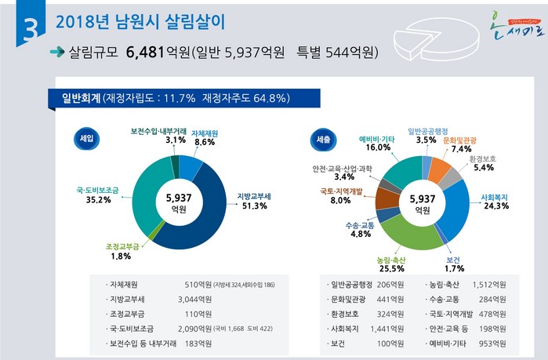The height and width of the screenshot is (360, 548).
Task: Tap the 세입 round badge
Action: pos(85,138)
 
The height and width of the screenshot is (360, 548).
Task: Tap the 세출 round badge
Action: pos(322,138)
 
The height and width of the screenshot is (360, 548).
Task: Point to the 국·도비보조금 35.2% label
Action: pos(93,195)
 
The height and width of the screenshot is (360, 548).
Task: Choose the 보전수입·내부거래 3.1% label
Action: pos(159,136)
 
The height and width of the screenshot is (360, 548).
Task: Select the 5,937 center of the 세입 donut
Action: pos(179,198)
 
